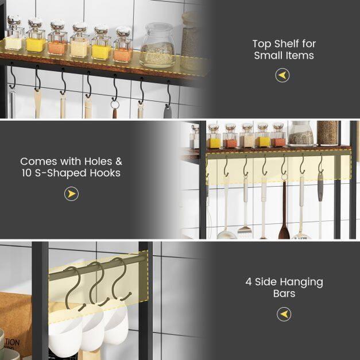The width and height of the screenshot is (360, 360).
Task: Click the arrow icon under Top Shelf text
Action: click(282, 75)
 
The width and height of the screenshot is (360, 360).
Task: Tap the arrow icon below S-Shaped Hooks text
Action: click(71, 194)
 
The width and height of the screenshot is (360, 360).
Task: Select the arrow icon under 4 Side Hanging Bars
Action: click(284, 314)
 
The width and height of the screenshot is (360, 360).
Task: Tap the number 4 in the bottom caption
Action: click(249, 282)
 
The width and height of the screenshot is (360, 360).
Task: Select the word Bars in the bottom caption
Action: click(284, 293)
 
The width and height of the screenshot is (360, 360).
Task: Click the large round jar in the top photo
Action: click(157, 45)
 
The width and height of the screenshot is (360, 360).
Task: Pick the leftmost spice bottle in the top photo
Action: click(15, 34)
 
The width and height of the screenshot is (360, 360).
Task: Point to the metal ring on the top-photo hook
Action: click(115, 105)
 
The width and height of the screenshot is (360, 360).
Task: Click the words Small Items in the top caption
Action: click(284, 56)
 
